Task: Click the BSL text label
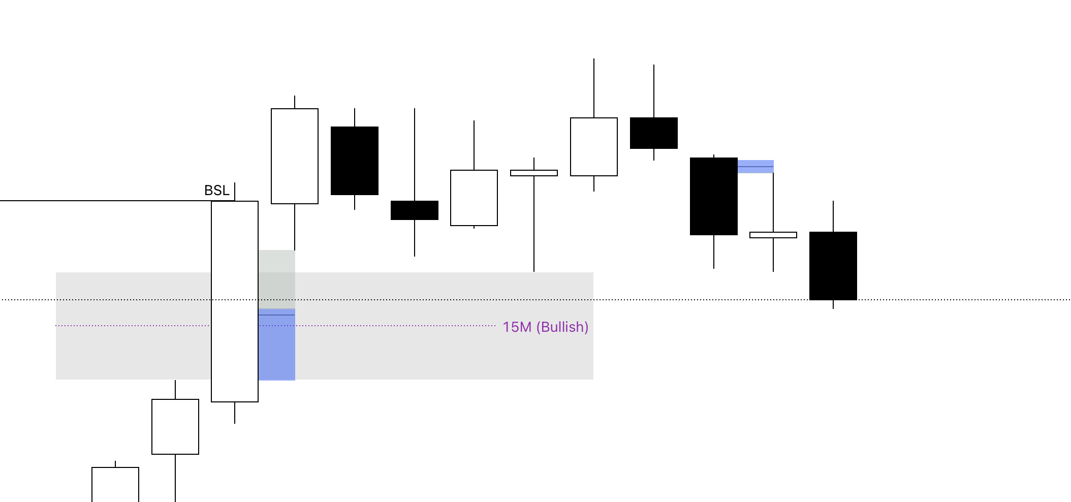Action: click(x=216, y=191)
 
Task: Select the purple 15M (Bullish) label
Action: click(x=545, y=327)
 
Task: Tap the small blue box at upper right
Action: click(x=755, y=167)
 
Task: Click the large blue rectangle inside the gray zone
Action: click(x=276, y=346)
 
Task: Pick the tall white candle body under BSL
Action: click(x=235, y=301)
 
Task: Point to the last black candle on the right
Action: click(x=833, y=266)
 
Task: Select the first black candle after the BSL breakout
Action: click(x=355, y=161)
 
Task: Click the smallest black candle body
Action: click(x=415, y=210)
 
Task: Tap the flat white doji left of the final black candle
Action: click(x=773, y=235)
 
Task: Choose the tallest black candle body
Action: click(x=713, y=196)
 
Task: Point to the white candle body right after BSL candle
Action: click(x=295, y=156)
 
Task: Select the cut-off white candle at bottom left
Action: click(x=115, y=484)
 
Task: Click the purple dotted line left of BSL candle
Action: click(x=132, y=325)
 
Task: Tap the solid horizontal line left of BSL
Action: click(x=102, y=201)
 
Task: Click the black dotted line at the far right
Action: click(x=965, y=300)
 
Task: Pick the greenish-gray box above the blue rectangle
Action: click(x=276, y=278)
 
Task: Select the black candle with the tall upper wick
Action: click(x=654, y=133)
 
